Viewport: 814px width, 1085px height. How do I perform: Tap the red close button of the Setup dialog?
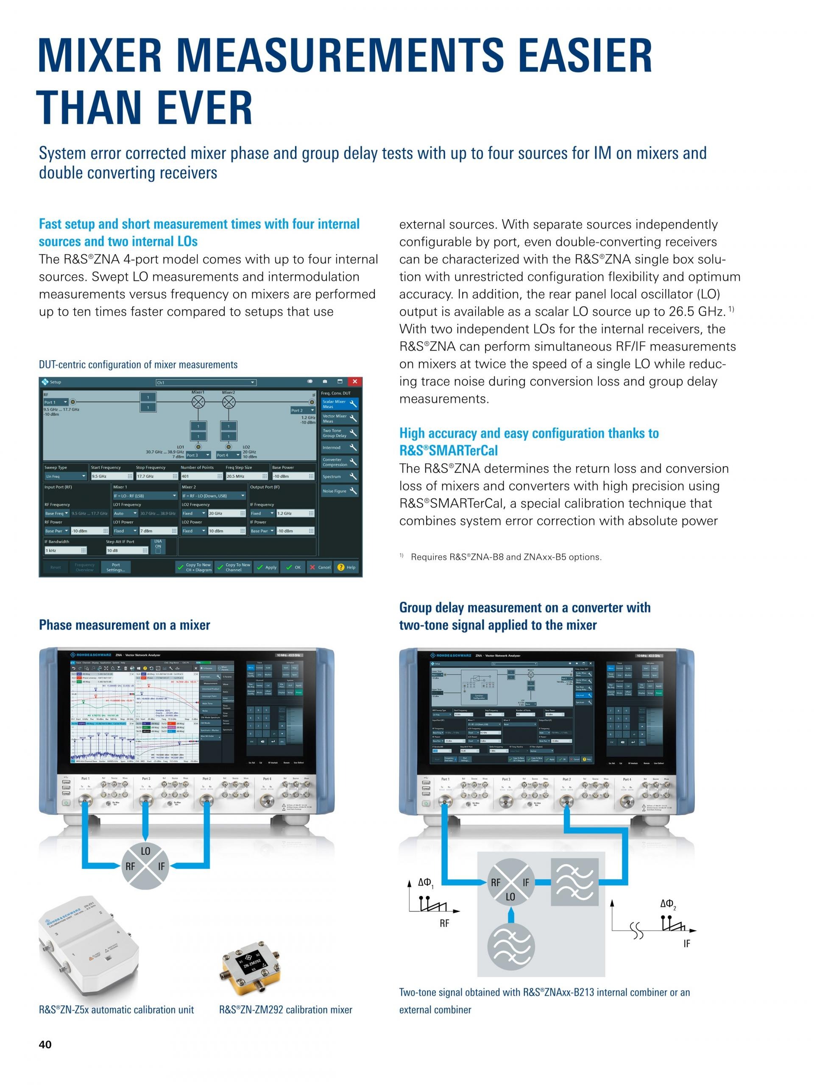[354, 381]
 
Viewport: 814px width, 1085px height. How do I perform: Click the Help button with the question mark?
[346, 567]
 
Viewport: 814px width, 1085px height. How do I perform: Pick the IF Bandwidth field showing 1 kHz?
[65, 551]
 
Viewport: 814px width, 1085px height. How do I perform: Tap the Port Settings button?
[116, 567]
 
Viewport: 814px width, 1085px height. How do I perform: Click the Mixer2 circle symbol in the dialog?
[228, 403]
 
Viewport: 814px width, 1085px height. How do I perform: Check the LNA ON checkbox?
[158, 551]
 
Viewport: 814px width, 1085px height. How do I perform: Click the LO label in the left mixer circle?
[146, 851]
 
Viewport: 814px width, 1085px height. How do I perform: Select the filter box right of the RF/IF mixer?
[574, 882]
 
